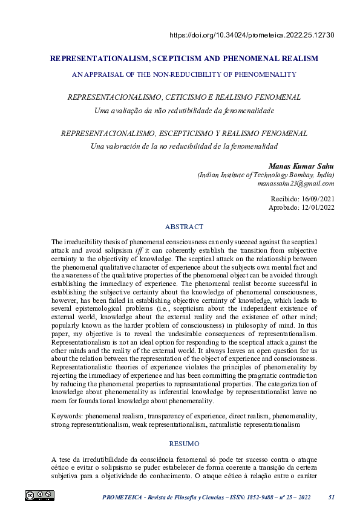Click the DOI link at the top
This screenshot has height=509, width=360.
252,34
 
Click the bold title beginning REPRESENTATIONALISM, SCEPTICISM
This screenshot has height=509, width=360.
184,59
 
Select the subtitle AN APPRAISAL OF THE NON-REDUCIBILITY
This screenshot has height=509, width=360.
184,74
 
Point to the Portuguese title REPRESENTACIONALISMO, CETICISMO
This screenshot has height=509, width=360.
184,97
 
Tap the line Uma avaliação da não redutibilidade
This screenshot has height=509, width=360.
184,110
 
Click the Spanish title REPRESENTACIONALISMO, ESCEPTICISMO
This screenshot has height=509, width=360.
184,133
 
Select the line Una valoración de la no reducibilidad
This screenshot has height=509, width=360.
184,146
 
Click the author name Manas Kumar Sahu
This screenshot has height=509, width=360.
301,166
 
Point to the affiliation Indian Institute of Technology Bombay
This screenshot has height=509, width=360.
266,175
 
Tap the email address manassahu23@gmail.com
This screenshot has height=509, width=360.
296,183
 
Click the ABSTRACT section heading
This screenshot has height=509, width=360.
184,227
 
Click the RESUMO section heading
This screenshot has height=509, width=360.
184,443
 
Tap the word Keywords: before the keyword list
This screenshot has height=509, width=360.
67,417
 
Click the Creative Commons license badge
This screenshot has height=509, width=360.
40,496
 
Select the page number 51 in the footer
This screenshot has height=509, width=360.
331,497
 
